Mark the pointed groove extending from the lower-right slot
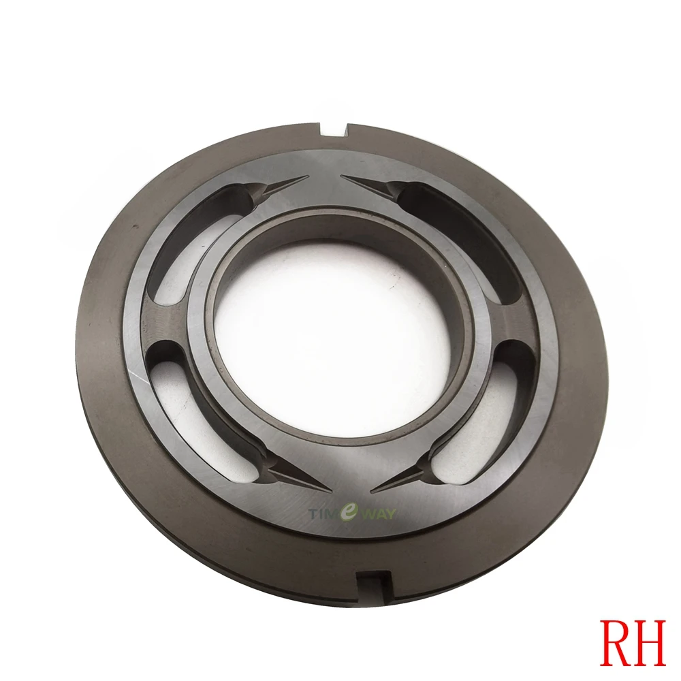(398, 479)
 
